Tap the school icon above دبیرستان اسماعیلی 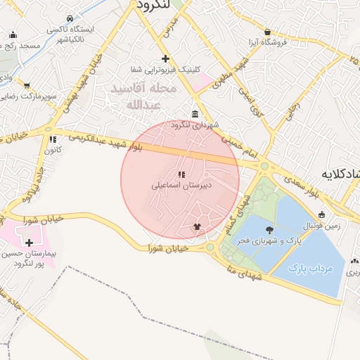coord(181,174)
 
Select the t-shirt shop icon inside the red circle coord(197,227)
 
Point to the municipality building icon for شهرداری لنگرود coord(194,115)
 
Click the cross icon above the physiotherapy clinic coord(165,58)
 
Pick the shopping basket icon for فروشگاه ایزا coord(268,32)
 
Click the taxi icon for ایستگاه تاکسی coord(68,19)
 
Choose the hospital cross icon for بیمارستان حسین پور coord(29,243)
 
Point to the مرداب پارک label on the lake coord(307,269)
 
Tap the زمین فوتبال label coord(321,226)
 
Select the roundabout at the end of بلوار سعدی coord(264,167)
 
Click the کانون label coord(53,150)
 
